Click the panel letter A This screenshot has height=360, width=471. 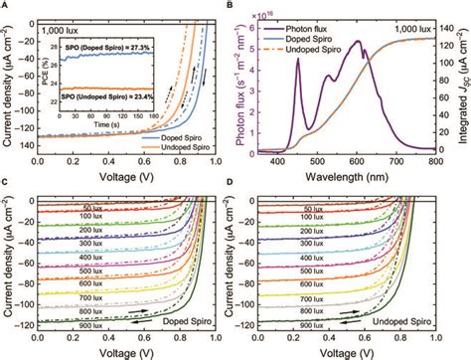click(5, 6)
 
